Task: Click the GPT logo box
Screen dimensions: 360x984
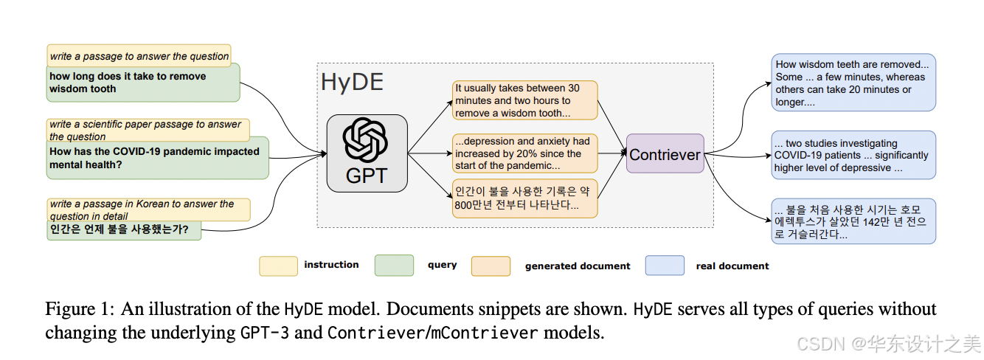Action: pyautogui.click(x=367, y=153)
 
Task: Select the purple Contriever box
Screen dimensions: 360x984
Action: pyautogui.click(x=665, y=153)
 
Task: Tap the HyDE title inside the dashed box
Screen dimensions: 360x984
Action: pyautogui.click(x=352, y=83)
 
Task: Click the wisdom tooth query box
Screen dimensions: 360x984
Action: pyautogui.click(x=144, y=83)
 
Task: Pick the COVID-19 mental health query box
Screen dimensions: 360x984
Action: pyautogui.click(x=157, y=159)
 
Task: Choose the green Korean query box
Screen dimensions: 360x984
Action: pyautogui.click(x=123, y=229)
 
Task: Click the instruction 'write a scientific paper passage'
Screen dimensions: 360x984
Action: pyautogui.click(x=148, y=130)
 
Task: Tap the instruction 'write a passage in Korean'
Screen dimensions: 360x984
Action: pyautogui.click(x=148, y=210)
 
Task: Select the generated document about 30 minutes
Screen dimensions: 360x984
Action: pyautogui.click(x=524, y=100)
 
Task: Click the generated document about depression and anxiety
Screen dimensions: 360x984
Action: pyautogui.click(x=524, y=153)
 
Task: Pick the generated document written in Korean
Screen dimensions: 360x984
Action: pyautogui.click(x=524, y=198)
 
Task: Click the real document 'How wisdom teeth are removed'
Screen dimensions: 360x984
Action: pyautogui.click(x=853, y=83)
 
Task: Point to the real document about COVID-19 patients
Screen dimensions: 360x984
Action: pyautogui.click(x=853, y=155)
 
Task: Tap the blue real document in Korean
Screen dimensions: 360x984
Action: pyautogui.click(x=853, y=221)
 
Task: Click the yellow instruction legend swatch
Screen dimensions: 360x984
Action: pyautogui.click(x=278, y=266)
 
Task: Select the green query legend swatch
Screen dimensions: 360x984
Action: pyautogui.click(x=394, y=266)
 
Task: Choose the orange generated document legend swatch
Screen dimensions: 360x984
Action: pyautogui.click(x=491, y=266)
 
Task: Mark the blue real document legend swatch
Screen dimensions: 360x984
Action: pyautogui.click(x=664, y=266)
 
